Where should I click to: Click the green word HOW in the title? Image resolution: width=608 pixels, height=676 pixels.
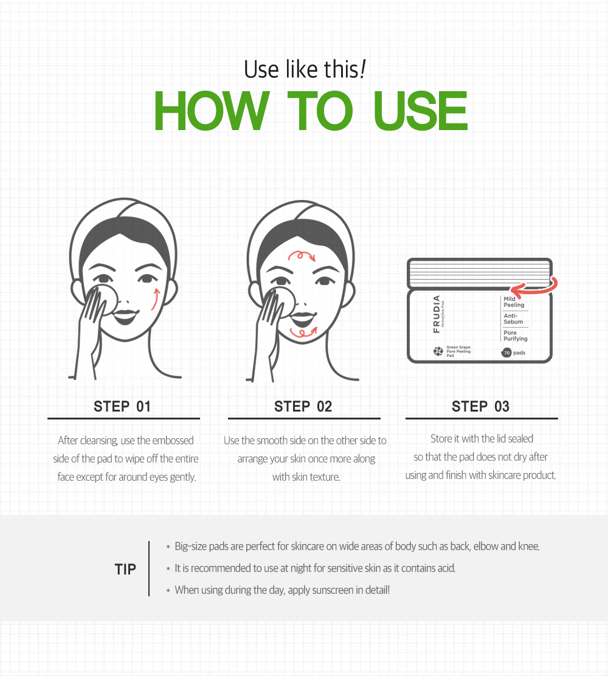coord(212,111)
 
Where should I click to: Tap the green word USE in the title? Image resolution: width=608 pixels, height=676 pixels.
coord(420,111)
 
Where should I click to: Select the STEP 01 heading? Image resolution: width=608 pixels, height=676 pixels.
coord(122,406)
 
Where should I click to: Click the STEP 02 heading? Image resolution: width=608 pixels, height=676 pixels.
coord(303,406)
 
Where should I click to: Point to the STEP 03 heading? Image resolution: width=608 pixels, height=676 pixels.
coord(480,406)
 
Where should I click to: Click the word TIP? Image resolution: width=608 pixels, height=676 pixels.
coord(125,569)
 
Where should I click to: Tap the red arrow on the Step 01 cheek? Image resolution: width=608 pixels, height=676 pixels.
coord(155,299)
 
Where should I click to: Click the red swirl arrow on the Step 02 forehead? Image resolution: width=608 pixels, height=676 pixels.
coord(302,256)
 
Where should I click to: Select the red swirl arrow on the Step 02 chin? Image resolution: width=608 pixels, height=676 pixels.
coord(303,332)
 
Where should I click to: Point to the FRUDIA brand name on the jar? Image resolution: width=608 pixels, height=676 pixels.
coord(437,314)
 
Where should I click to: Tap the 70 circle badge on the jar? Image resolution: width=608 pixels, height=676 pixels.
coord(506,353)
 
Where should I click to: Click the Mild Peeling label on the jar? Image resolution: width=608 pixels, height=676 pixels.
coord(514,302)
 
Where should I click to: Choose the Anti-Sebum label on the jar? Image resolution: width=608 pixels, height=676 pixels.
coord(513,319)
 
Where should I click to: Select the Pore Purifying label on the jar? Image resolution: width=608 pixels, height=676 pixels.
coord(516,336)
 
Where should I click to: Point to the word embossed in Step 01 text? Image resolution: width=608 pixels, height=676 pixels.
coord(173,440)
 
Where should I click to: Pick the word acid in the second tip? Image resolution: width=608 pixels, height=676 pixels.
coord(446,568)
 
